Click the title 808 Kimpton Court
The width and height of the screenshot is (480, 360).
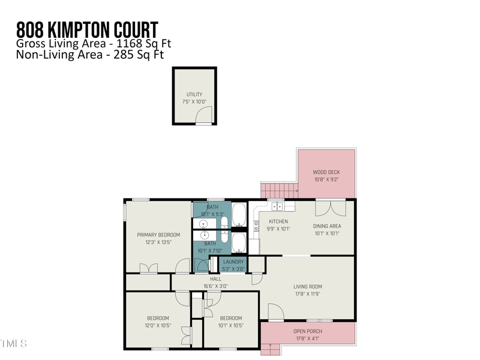click(87, 29)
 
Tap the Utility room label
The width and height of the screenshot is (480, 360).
click(194, 94)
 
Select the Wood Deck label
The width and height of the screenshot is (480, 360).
click(326, 172)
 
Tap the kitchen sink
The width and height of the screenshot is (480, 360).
click(278, 206)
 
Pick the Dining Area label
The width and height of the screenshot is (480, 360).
click(327, 226)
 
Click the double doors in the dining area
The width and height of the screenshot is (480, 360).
click(331, 208)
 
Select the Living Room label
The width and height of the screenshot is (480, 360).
click(308, 286)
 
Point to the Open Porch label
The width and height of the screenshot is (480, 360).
click(308, 331)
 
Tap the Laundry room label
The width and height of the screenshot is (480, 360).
click(233, 262)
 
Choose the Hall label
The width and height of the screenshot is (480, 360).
click(215, 279)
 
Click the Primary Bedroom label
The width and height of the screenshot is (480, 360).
click(158, 235)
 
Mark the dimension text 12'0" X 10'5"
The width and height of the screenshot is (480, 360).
click(158, 325)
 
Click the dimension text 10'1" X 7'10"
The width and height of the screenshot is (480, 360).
click(210, 251)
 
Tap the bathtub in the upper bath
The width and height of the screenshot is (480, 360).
click(238, 212)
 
